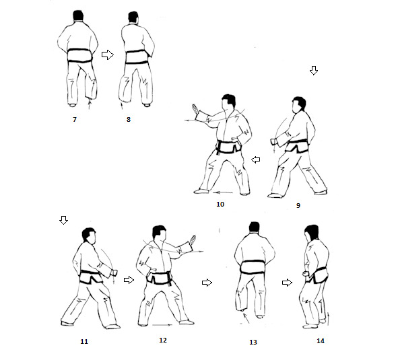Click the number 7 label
[x=75, y=120]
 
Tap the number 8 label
[x=129, y=120]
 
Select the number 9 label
[x=298, y=205]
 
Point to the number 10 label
[x=220, y=205]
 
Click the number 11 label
[x=84, y=342]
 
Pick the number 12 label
[x=163, y=340]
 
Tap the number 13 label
[x=253, y=343]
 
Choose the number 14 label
[x=321, y=341]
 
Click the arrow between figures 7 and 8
[x=108, y=55]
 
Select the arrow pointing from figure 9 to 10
[x=256, y=159]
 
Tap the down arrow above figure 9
[x=314, y=71]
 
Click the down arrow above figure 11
[x=63, y=220]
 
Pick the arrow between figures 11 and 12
[x=129, y=280]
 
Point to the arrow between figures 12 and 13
[x=207, y=283]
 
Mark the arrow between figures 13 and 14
[x=287, y=283]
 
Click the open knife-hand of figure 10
[x=196, y=109]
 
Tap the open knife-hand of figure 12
[x=193, y=240]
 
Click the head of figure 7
[x=78, y=15]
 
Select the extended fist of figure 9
[x=273, y=141]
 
